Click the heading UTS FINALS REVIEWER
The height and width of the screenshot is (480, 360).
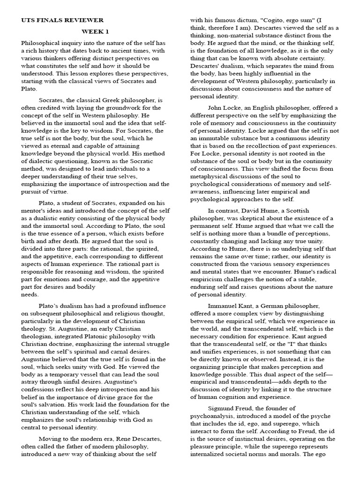tap(62, 20)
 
